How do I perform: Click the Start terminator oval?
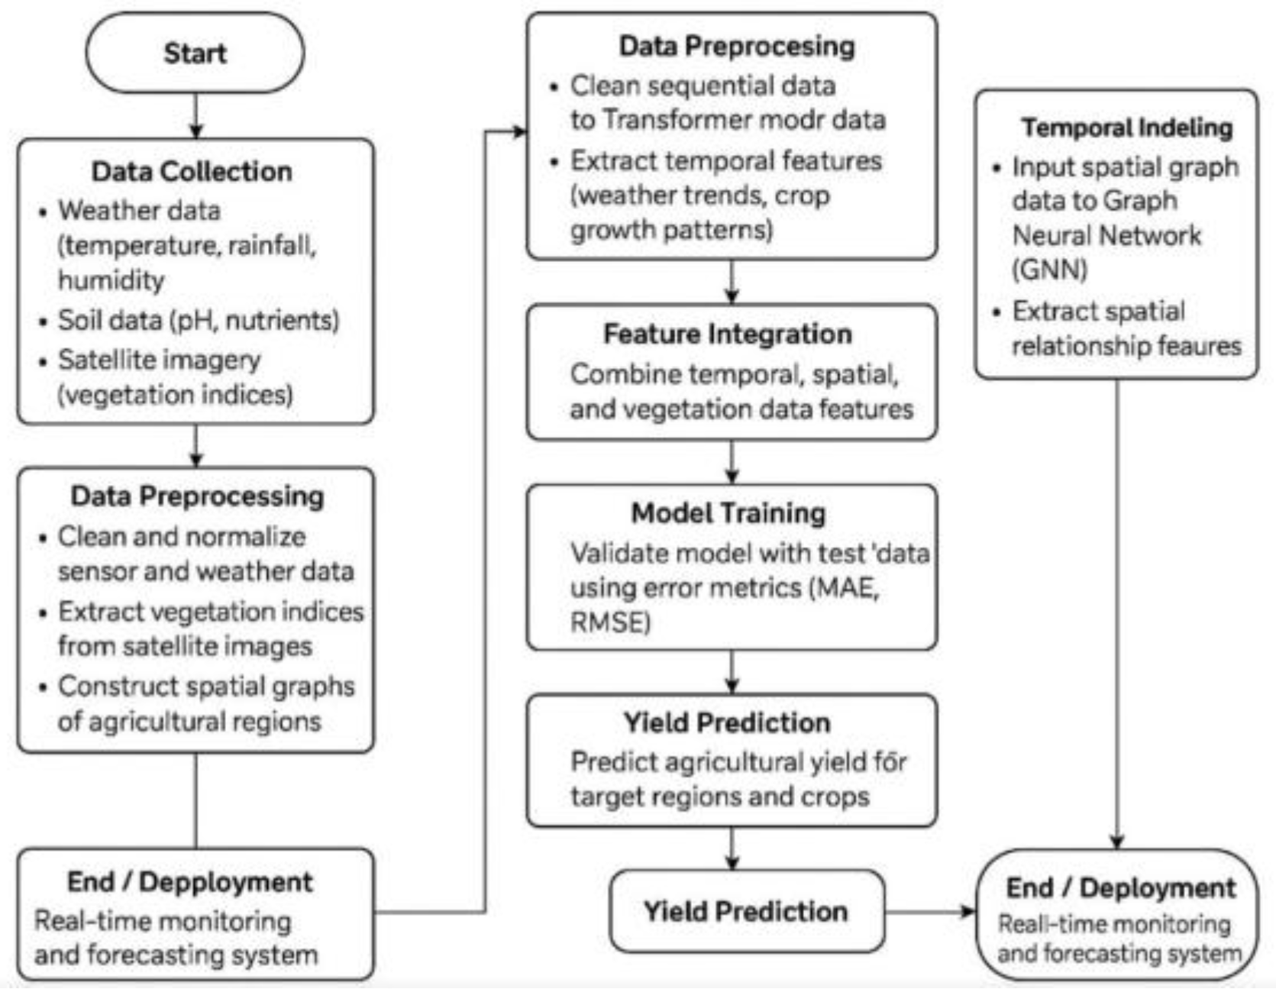pyautogui.click(x=195, y=53)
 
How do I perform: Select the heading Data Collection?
pyautogui.click(x=192, y=171)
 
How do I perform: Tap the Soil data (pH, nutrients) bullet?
pyautogui.click(x=198, y=319)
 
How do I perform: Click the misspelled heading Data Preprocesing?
pyautogui.click(x=736, y=46)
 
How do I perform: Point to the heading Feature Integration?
pyautogui.click(x=727, y=334)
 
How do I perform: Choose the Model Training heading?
pyautogui.click(x=728, y=512)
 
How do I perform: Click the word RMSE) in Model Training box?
pyautogui.click(x=610, y=622)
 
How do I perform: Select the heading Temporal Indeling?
pyautogui.click(x=1127, y=127)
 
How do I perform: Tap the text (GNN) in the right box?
pyautogui.click(x=1049, y=269)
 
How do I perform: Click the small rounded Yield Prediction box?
pyautogui.click(x=746, y=910)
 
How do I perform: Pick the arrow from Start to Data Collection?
pyautogui.click(x=196, y=116)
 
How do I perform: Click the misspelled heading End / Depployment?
pyautogui.click(x=189, y=881)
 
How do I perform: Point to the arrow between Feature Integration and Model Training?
pyautogui.click(x=732, y=461)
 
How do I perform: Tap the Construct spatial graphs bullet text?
pyautogui.click(x=206, y=686)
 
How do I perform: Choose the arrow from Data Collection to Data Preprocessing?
pyautogui.click(x=196, y=446)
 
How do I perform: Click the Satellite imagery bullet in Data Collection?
pyautogui.click(x=160, y=359)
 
